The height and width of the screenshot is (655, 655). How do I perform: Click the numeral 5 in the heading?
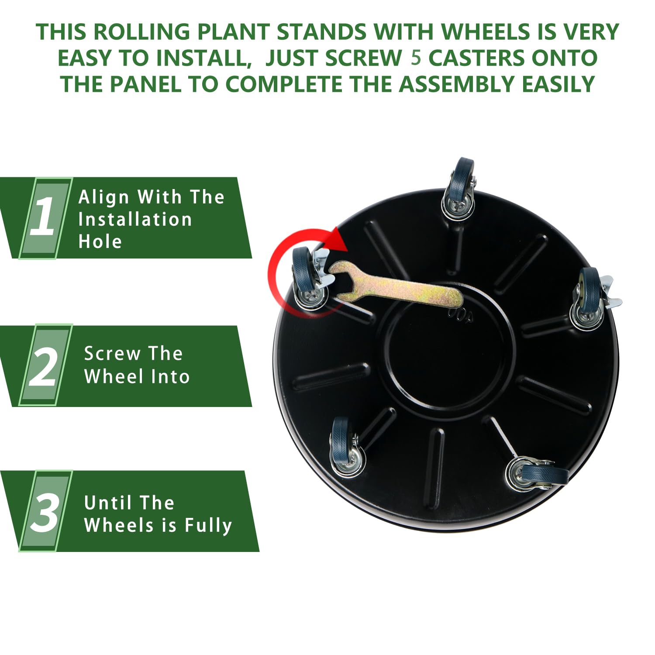click(416, 58)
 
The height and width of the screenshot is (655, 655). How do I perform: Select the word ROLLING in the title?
click(142, 32)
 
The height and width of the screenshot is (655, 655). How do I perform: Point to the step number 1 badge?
click(44, 217)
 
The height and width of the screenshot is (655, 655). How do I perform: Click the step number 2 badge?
click(44, 365)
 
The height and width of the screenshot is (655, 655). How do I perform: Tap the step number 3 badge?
click(44, 511)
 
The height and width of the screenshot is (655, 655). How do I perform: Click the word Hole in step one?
click(100, 241)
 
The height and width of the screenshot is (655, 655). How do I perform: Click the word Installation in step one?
click(135, 219)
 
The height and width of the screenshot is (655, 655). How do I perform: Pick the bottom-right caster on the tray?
click(537, 475)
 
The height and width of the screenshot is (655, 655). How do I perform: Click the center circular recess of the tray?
click(450, 354)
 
